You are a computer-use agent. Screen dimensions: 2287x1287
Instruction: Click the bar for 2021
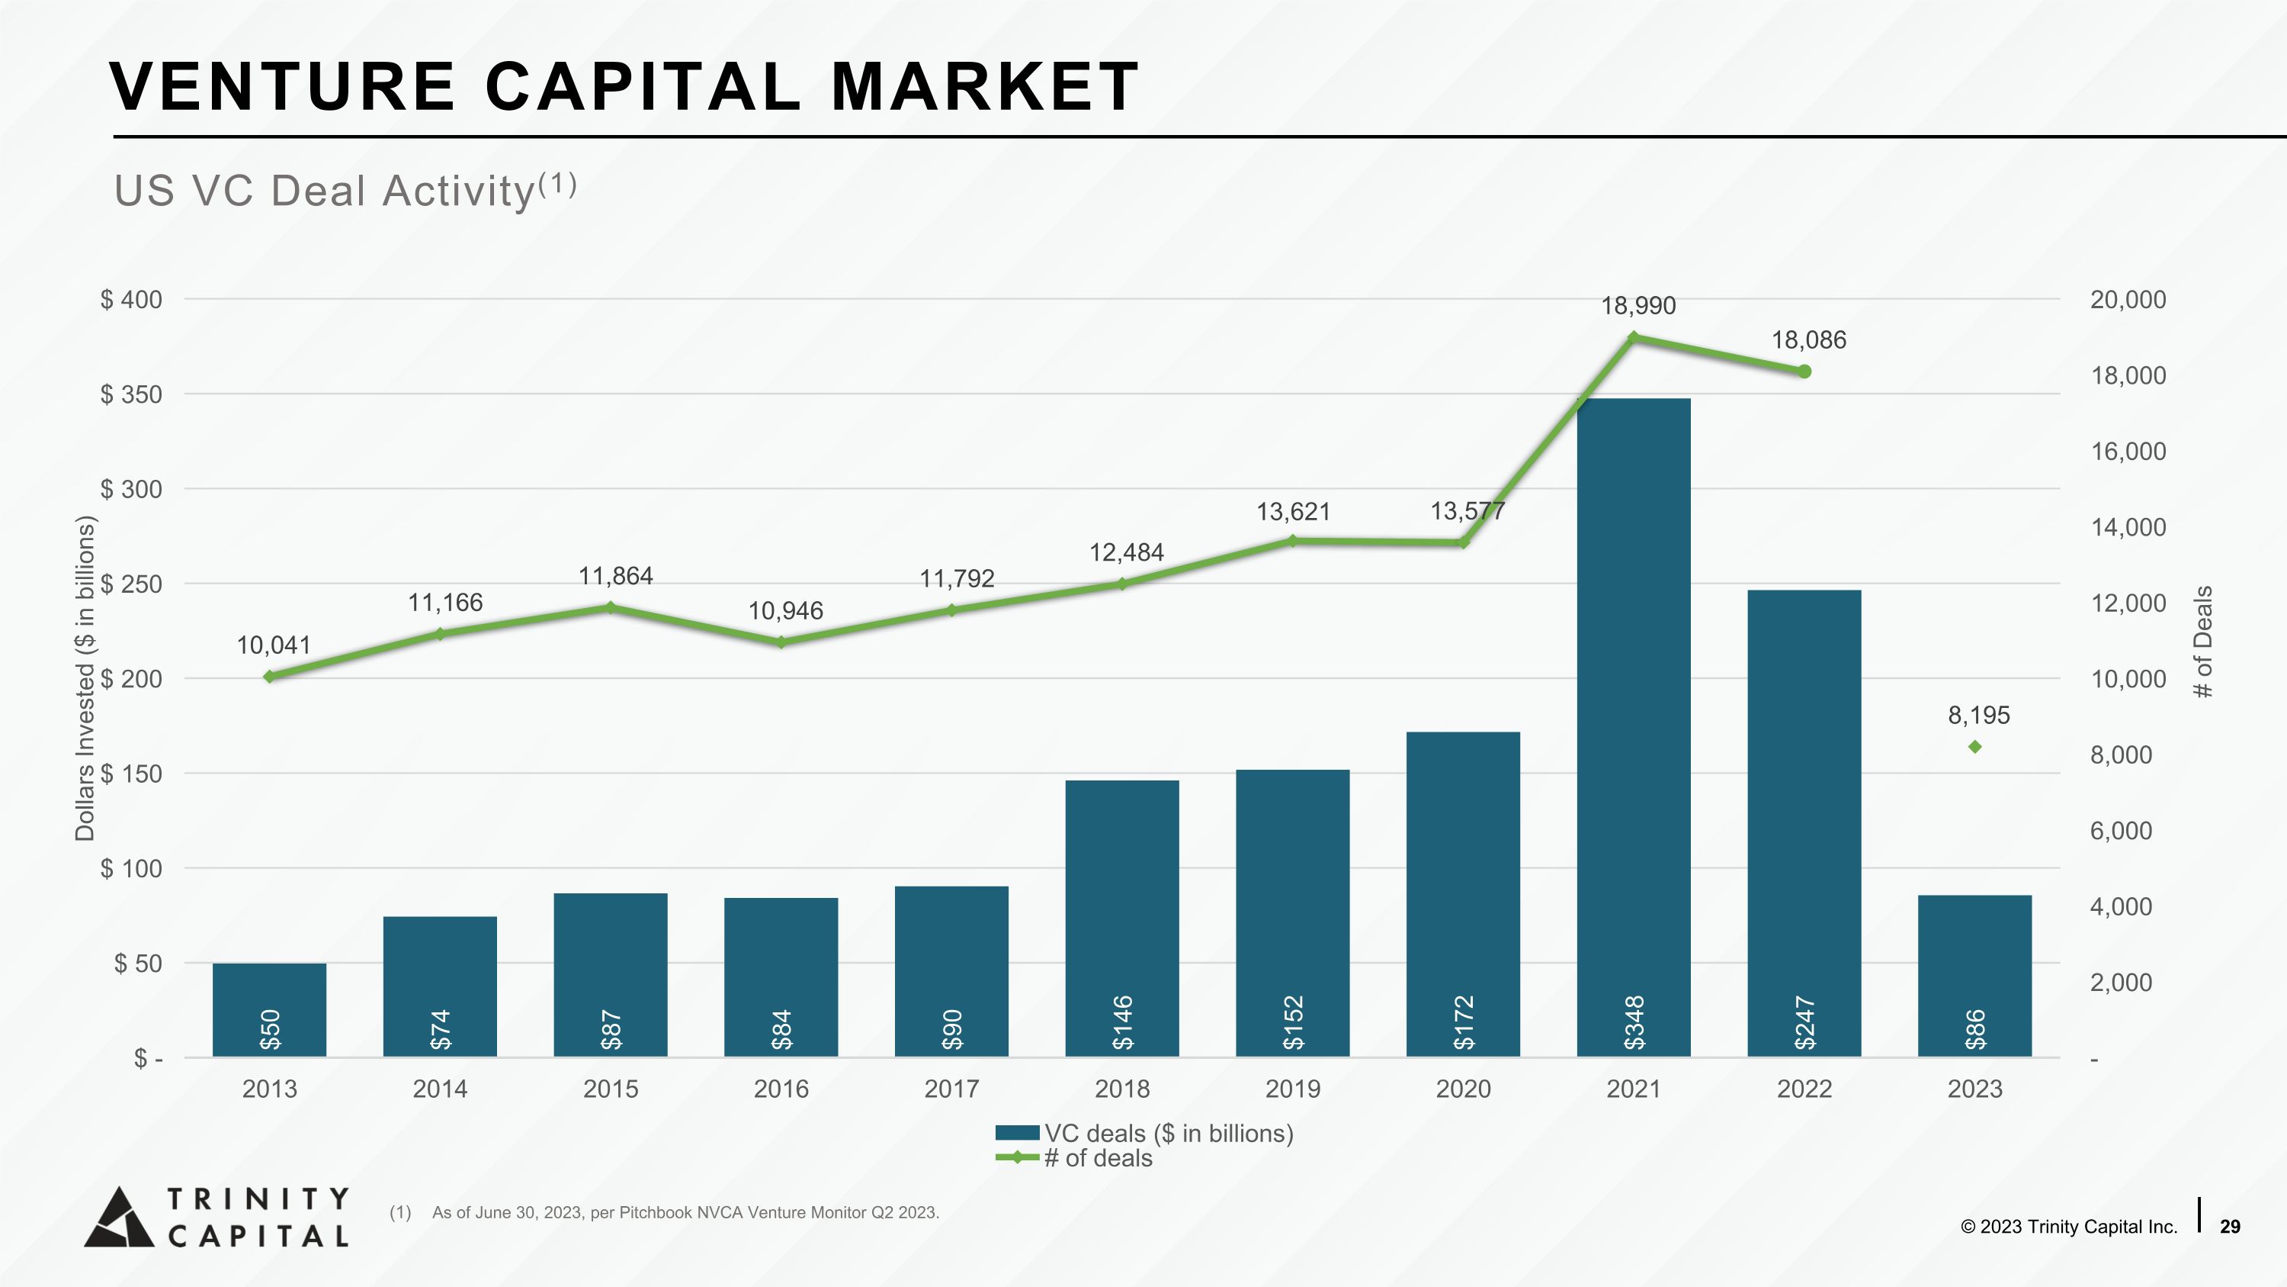point(1634,728)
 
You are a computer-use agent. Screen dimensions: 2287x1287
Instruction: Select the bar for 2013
point(269,1010)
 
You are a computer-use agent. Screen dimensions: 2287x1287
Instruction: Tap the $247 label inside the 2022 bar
point(1804,1022)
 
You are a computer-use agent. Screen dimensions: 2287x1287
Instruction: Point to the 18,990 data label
point(1638,306)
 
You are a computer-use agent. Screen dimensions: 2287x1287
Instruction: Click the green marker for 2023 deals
point(1974,747)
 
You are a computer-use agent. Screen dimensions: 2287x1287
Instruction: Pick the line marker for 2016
point(781,642)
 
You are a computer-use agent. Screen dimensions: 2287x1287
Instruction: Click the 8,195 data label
point(1978,715)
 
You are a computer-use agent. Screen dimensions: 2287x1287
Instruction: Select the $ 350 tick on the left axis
point(131,394)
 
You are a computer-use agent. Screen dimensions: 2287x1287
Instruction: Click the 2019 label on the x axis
point(1293,1089)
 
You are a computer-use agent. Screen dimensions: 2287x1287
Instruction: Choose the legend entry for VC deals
point(1144,1134)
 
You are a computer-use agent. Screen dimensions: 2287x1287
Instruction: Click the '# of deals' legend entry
point(1074,1158)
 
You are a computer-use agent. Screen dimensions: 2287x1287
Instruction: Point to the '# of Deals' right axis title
point(2204,642)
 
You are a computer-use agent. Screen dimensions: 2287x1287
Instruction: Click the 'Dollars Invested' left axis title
point(85,678)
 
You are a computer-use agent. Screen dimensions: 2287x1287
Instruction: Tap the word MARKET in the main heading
point(983,86)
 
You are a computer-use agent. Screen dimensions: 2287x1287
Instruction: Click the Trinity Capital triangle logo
point(120,1217)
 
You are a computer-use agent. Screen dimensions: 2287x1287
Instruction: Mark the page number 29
point(2229,1227)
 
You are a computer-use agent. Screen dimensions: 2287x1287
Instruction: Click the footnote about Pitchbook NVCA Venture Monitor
point(664,1212)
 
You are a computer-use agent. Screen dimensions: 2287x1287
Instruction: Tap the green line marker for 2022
point(1804,372)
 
